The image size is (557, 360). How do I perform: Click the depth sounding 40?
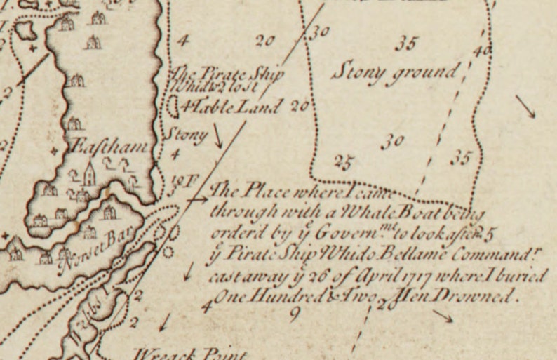[x=481, y=51]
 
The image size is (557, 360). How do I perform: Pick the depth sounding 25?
[x=342, y=163]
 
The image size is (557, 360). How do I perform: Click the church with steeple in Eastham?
[x=89, y=173]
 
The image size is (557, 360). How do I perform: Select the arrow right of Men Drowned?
[x=443, y=316]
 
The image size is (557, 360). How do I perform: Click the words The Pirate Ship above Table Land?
[x=215, y=74]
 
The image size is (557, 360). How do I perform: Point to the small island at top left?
[x=26, y=30]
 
